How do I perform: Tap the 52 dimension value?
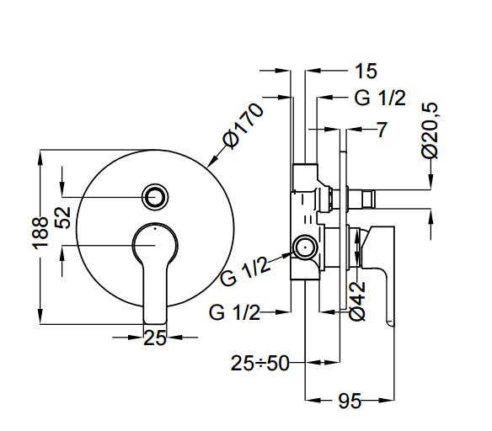tap(62, 217)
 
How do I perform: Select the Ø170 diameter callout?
tap(243, 126)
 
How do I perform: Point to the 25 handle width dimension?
tap(155, 338)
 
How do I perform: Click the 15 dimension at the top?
tap(366, 71)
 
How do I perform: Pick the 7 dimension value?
tap(382, 130)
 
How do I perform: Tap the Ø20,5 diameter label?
tap(430, 131)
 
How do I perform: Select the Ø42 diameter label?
tap(357, 301)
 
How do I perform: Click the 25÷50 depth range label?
tap(259, 364)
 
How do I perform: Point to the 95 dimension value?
tap(350, 401)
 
